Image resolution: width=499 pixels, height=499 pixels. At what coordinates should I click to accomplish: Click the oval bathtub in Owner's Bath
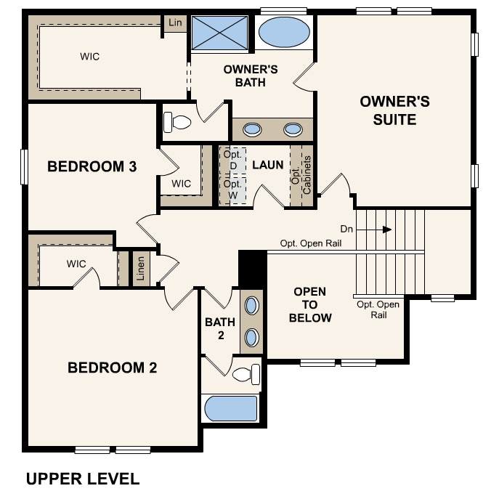pos(284,32)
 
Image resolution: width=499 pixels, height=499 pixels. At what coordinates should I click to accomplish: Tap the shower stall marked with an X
pos(220,33)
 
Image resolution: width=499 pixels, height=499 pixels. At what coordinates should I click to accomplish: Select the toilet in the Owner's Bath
pos(177,122)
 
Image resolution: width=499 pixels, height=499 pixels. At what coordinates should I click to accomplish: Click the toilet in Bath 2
pos(246,374)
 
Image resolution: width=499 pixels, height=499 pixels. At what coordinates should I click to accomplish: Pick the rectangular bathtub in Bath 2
pos(231,409)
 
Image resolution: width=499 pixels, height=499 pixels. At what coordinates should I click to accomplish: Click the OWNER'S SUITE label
pos(394,110)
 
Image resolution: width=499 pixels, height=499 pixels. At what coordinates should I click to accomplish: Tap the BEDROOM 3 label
pos(92,166)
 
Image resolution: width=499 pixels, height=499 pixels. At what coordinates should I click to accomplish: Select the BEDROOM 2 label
pos(113,368)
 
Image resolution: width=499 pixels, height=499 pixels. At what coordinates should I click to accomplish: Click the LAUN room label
pos(267,165)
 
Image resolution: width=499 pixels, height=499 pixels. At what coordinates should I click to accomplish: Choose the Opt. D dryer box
pos(233,161)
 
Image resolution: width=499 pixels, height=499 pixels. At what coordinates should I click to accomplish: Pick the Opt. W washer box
pos(233,190)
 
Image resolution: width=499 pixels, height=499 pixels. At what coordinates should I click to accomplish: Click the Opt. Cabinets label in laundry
pos(301,175)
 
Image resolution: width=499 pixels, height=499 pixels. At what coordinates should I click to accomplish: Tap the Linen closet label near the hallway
pos(141,269)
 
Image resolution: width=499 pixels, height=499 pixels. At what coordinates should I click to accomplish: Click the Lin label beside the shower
pos(175,23)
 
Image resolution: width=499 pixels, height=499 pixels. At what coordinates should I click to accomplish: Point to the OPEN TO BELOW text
pos(310,304)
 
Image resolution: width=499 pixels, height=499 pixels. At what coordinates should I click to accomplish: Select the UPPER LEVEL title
pos(83,479)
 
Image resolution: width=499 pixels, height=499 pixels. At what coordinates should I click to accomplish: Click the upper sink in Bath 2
pos(251,306)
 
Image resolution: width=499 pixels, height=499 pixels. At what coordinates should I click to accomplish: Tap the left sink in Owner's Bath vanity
pos(252,129)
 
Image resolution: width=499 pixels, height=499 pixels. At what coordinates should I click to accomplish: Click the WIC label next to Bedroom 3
pos(181,184)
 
